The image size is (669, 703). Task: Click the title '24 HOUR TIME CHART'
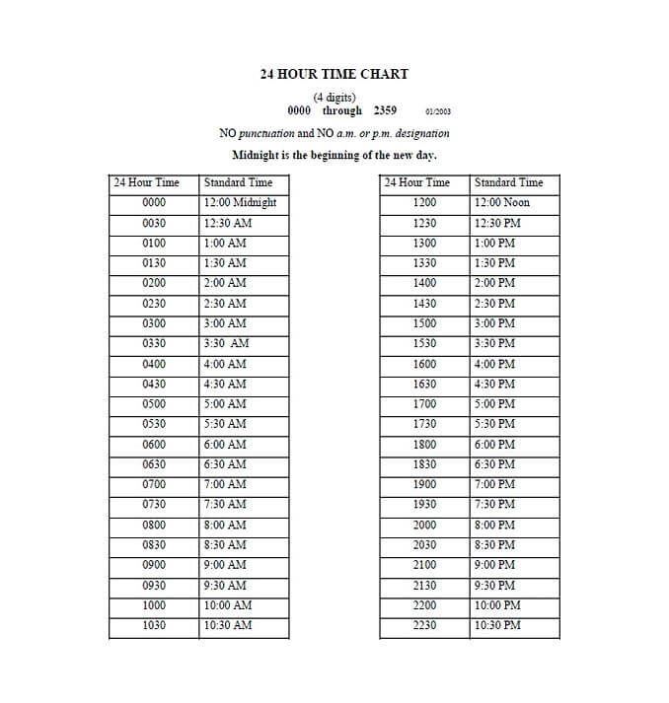coord(334,74)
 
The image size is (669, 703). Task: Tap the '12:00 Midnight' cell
coord(240,203)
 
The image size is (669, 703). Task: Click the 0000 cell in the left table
coord(154,203)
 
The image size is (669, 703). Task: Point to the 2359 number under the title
coord(385,111)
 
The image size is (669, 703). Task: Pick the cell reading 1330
coord(424,263)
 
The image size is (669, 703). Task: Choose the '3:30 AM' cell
coord(226,344)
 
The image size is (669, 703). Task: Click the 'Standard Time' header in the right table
coord(508,182)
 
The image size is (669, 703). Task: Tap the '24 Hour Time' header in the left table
coord(147,182)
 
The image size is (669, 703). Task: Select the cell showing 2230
coord(424,626)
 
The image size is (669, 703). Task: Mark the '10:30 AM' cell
coord(227,626)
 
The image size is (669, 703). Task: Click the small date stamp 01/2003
coord(438,112)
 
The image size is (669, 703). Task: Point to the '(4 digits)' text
coord(334,98)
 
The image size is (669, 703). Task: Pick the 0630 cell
coord(154,464)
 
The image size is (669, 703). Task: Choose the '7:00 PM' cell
coord(494,485)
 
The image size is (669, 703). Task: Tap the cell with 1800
coord(424,445)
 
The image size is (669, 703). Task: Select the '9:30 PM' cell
coord(494,586)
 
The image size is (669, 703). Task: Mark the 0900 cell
coord(154,566)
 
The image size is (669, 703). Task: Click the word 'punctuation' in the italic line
coord(266,133)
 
